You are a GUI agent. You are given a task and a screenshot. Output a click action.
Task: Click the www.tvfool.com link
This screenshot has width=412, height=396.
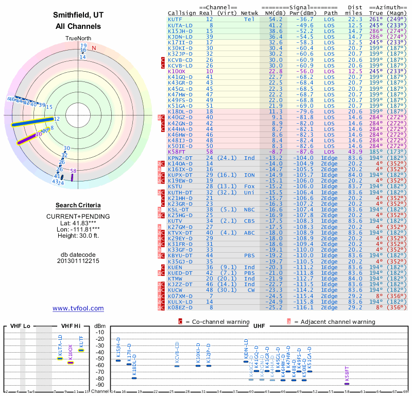click(78, 308)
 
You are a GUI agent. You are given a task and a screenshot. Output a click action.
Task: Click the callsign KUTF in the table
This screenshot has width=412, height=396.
click(175, 19)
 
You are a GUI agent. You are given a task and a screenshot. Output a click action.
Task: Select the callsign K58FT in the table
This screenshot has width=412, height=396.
click(177, 152)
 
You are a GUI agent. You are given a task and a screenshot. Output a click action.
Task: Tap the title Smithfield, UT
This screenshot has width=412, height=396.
click(78, 15)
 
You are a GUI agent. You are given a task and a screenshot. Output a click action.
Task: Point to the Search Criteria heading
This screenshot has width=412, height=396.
click(78, 205)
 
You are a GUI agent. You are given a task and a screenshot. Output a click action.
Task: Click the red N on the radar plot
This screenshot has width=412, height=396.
click(94, 48)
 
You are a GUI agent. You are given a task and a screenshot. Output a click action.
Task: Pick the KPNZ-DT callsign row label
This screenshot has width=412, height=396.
click(180, 158)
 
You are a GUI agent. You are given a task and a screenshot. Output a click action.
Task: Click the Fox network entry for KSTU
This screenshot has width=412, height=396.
click(249, 186)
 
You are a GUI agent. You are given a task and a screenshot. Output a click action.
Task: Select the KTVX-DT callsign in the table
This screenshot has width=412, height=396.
click(180, 233)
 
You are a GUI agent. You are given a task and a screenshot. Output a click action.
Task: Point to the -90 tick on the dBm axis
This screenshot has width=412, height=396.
click(100, 385)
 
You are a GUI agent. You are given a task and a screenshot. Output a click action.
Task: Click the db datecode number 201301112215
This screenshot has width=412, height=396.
click(78, 261)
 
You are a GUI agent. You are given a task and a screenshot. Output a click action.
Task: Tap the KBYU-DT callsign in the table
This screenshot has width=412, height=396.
click(180, 255)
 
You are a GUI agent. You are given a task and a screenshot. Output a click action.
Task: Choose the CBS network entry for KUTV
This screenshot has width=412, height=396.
click(249, 221)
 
